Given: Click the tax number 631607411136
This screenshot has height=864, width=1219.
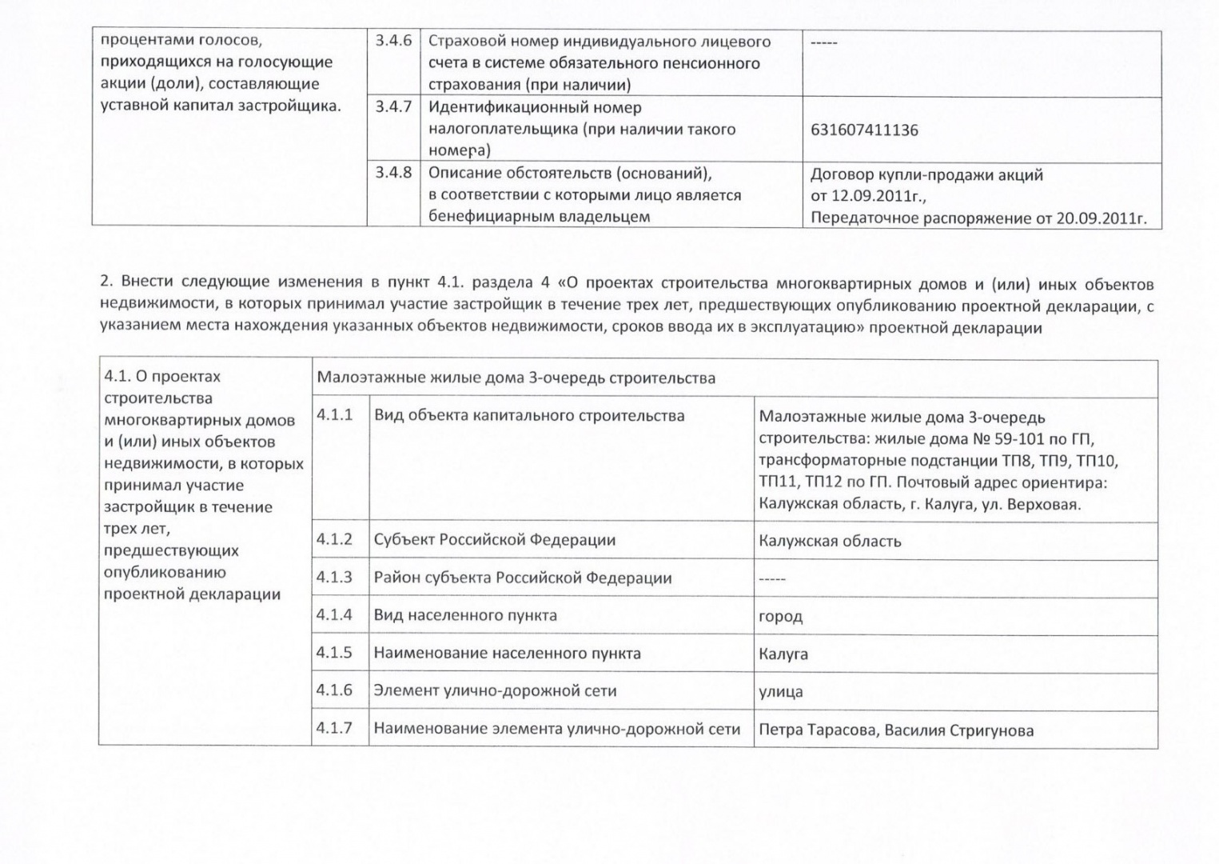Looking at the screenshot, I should (864, 130).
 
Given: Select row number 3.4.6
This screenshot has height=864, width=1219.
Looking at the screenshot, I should (393, 41).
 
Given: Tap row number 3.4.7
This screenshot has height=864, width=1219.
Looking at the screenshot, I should (393, 106).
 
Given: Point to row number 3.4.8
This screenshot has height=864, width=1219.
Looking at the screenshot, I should (393, 172).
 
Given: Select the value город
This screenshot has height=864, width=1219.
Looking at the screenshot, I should (780, 616).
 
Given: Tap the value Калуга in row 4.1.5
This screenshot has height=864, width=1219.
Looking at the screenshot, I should (783, 654).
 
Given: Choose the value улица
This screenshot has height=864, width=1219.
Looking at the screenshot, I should (781, 691).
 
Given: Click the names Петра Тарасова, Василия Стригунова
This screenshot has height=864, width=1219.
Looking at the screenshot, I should (896, 730).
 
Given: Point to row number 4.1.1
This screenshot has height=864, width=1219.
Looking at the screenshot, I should (334, 415).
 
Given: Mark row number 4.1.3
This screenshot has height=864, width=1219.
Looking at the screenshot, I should (334, 578).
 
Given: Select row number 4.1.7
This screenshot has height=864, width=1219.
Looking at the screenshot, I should (334, 728).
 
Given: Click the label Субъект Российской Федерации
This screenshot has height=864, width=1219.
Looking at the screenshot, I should (495, 540).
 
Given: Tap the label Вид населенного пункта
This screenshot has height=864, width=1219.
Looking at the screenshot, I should (465, 615).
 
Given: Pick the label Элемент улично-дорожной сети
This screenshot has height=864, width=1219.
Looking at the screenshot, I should (495, 690).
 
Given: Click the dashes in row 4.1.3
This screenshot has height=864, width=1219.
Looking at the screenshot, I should (772, 578).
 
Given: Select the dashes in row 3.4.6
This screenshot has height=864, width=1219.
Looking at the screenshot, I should (823, 42).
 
